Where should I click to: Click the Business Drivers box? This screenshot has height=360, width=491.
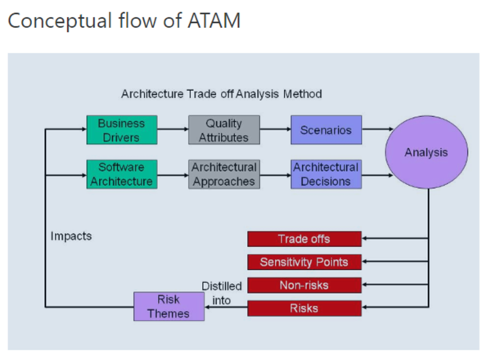click(121, 130)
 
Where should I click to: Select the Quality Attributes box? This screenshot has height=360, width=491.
click(224, 130)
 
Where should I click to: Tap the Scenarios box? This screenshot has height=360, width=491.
click(326, 130)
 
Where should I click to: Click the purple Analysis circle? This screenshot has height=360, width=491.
click(426, 153)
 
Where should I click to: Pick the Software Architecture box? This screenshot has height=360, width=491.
click(121, 174)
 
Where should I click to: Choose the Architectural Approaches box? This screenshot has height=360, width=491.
click(224, 174)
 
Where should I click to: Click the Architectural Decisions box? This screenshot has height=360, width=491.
click(326, 174)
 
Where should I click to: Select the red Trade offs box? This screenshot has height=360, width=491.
click(304, 239)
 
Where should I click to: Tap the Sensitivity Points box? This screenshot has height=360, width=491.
click(304, 263)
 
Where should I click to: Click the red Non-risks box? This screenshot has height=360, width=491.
click(304, 286)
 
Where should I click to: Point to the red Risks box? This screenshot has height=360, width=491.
click(304, 308)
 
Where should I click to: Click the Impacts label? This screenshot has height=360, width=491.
click(71, 236)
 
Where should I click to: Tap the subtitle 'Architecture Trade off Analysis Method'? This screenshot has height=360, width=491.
click(222, 94)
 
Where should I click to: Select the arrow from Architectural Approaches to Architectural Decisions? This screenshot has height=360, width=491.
click(275, 173)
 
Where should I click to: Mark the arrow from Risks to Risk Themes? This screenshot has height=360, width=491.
click(218, 308)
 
